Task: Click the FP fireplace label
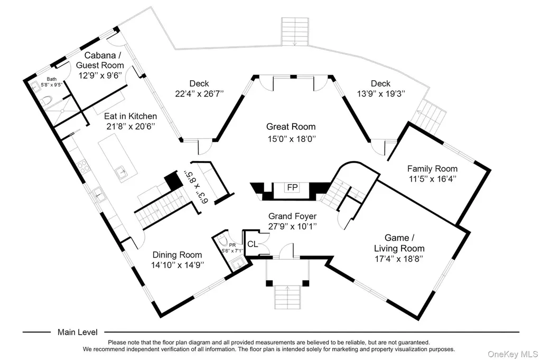292,187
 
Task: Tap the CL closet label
253,244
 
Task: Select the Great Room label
291,127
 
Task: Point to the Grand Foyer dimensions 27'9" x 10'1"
293,226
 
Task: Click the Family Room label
432,168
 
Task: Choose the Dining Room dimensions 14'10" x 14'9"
178,265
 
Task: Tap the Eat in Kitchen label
130,116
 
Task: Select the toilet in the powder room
222,240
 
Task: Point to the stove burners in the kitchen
83,167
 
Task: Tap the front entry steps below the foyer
287,297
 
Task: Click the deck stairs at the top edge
295,32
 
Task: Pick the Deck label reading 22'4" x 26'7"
199,89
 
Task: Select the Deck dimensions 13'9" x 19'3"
380,94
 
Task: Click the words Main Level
78,332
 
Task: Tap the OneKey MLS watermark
512,354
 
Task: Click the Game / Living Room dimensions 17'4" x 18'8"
399,259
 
